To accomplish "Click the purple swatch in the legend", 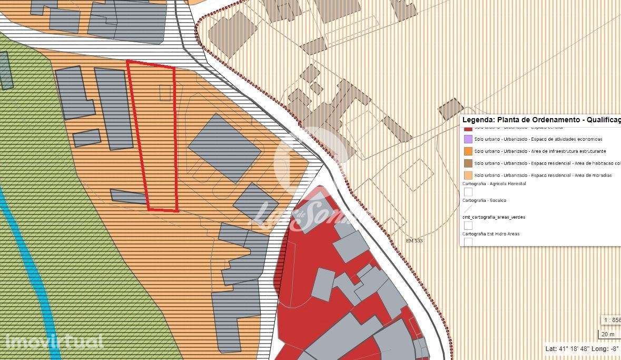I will pyautogui.click(x=468, y=139).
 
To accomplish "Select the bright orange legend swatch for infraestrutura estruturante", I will pyautogui.click(x=468, y=151).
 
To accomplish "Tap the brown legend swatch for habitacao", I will pyautogui.click(x=468, y=163).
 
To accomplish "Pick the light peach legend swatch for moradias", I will pyautogui.click(x=468, y=175).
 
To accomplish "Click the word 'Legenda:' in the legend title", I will pyautogui.click(x=478, y=120).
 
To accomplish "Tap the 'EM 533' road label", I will pyautogui.click(x=415, y=241).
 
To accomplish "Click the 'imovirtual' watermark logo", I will pyautogui.click(x=55, y=342).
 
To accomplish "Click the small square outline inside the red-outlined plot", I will pyautogui.click(x=165, y=92).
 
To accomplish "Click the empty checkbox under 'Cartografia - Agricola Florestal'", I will pyautogui.click(x=468, y=192).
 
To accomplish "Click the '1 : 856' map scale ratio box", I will pyautogui.click(x=612, y=320).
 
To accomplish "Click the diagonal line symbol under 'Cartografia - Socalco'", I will pyautogui.click(x=468, y=209).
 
